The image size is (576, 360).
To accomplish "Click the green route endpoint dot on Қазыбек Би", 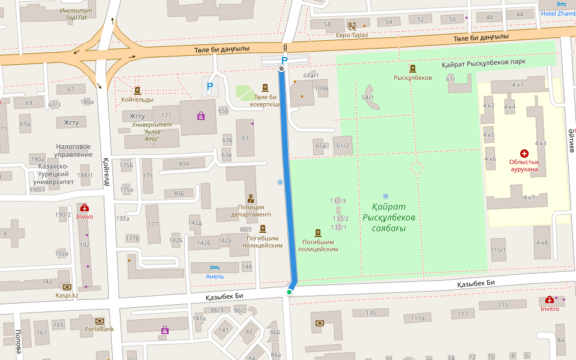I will point(289,292).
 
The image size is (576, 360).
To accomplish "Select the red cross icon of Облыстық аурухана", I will point(524,154).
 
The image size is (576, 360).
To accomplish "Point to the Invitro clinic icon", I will point(550,300).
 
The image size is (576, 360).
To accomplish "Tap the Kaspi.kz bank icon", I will point(67,287).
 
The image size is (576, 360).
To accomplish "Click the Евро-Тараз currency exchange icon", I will point(352,26).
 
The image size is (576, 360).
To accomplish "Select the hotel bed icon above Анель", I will point(215,268).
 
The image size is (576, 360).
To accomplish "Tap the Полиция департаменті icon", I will point(251,199).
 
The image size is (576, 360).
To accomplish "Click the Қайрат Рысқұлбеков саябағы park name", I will point(389,217).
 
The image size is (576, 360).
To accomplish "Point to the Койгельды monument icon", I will point(137,91).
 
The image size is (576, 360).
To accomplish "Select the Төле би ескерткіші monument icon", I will point(265,88).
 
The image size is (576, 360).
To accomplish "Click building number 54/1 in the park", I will point(368,97).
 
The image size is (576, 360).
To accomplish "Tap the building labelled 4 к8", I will point(541,243).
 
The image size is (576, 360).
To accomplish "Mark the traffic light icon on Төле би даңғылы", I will point(284,48).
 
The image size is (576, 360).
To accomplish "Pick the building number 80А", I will point(184,163).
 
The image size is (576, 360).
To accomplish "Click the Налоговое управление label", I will point(74,150).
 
